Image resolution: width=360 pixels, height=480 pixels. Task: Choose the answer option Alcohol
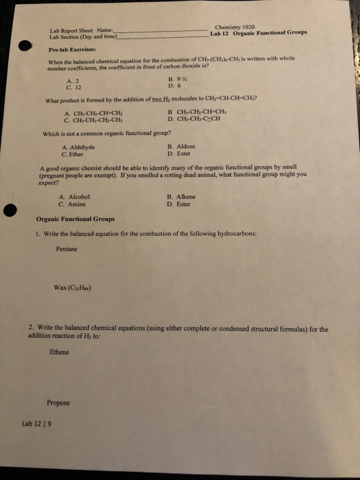75,197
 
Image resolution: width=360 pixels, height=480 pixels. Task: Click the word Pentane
67,249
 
